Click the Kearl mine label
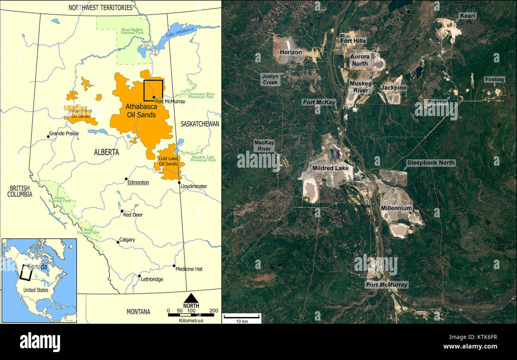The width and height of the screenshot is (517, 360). point(468,16)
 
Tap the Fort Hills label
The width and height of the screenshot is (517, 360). point(353,41)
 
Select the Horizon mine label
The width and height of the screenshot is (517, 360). point(291,52)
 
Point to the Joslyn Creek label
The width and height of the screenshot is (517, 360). point(270,79)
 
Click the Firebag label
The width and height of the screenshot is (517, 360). point(494,79)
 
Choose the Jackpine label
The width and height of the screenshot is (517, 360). point(393,87)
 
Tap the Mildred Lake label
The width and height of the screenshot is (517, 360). point(330,168)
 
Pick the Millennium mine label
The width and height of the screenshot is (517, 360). point(396,208)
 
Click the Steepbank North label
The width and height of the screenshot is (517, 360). point(431,163)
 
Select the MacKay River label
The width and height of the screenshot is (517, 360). point(264,145)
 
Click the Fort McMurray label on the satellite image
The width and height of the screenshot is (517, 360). point(387,285)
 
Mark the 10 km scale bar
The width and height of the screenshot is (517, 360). point(241,316)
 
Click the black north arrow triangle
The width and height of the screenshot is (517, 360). point(191,298)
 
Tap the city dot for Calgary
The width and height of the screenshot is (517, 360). point(118,242)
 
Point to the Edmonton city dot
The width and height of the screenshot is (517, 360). point(126,179)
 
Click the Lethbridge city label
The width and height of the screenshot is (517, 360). point(152,279)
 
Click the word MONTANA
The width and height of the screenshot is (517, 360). point(138,312)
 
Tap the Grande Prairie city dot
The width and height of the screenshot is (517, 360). point(48,136)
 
